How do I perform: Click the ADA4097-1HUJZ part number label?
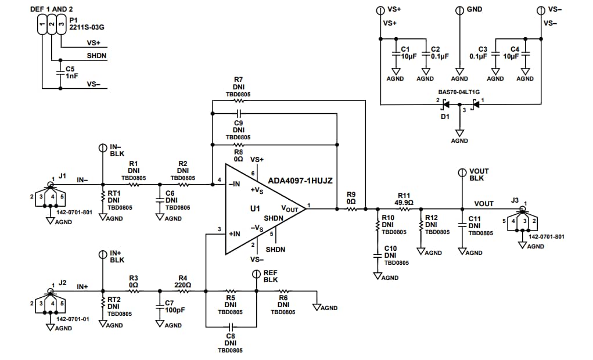pos(300,181)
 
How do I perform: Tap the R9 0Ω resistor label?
pos(350,197)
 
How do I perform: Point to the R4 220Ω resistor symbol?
pos(183,291)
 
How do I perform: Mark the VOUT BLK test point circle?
pos(462,172)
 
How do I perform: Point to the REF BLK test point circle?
pos(256,274)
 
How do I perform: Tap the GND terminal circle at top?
pos(459,10)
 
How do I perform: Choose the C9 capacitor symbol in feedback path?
pos(238,114)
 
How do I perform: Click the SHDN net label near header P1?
pos(96,56)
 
